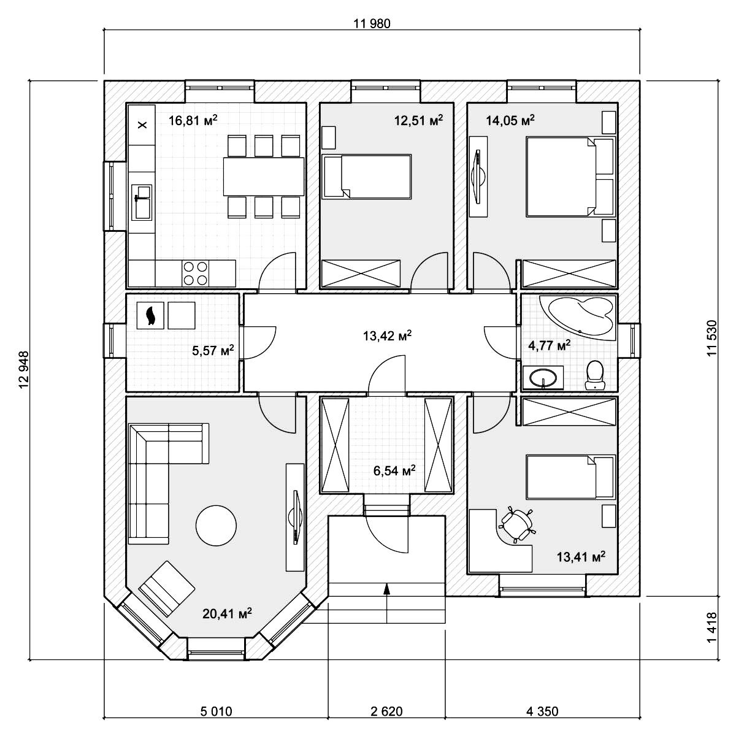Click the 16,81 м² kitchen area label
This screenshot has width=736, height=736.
click(x=193, y=121)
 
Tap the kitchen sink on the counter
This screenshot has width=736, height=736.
click(x=142, y=202)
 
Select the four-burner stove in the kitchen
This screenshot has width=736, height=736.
click(x=195, y=273)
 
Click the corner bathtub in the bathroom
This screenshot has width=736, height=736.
click(x=577, y=318)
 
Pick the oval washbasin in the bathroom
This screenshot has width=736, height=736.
click(x=543, y=378)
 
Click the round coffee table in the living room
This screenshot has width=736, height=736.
click(x=216, y=526)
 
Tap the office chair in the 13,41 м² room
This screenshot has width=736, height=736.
click(x=516, y=524)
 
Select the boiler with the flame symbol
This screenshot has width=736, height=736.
click(x=150, y=315)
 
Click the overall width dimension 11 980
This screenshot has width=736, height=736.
click(x=372, y=24)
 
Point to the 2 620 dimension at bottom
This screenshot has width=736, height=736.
click(x=386, y=711)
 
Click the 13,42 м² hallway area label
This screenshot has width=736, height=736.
click(x=387, y=335)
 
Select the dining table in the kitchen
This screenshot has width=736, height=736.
click(x=264, y=177)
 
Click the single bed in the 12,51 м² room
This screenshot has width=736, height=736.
click(x=367, y=177)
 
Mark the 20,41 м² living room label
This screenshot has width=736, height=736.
click(x=227, y=614)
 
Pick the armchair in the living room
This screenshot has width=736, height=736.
click(x=167, y=589)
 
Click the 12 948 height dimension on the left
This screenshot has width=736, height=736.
click(x=24, y=370)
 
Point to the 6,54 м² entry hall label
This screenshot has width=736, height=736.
click(x=394, y=471)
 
